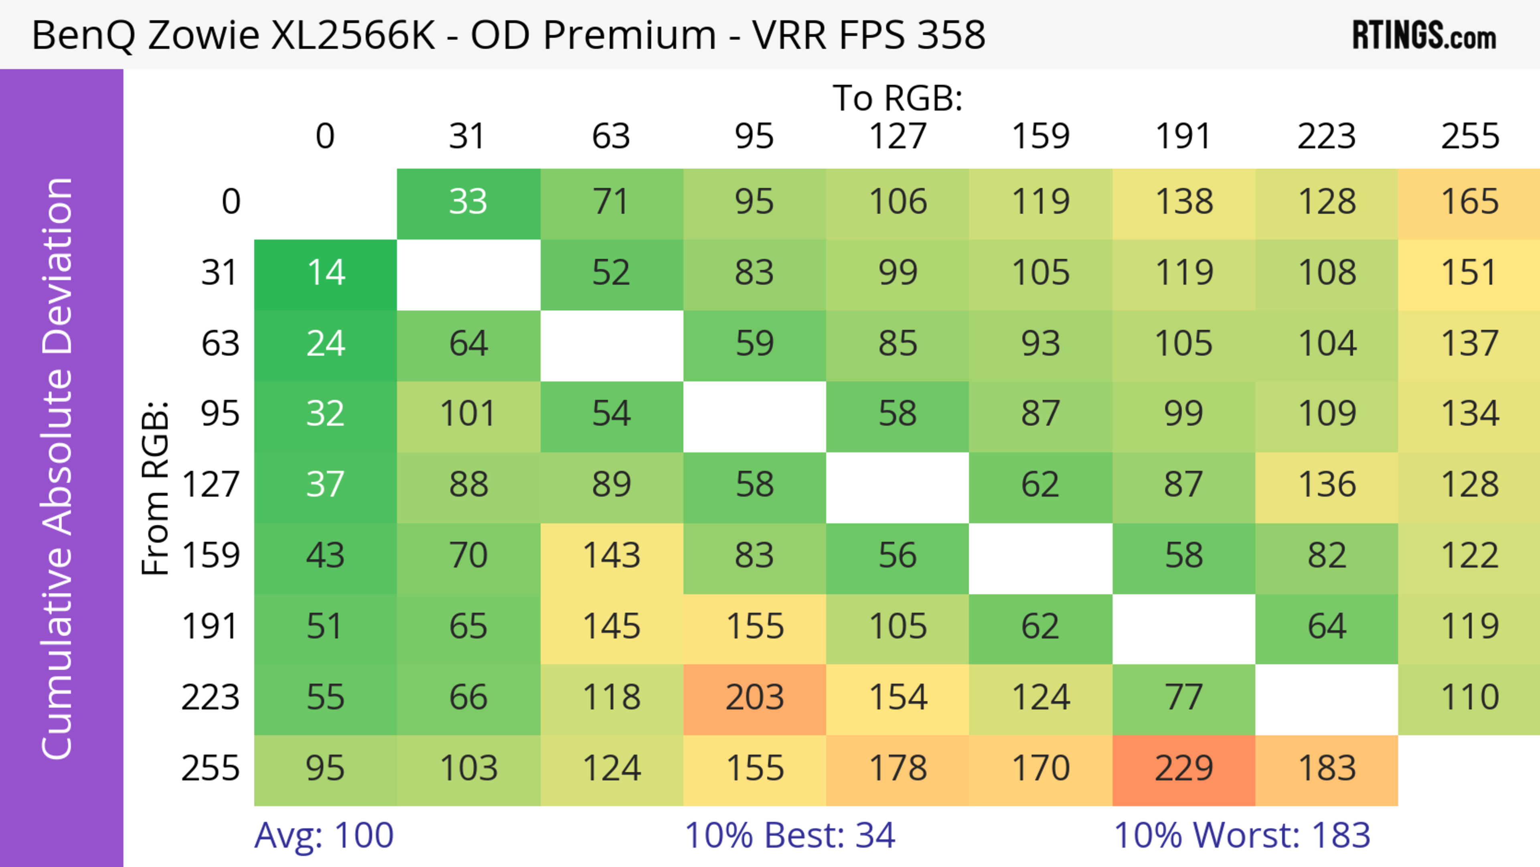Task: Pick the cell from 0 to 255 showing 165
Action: click(x=1469, y=203)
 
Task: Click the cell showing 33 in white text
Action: click(x=468, y=203)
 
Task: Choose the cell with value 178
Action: click(x=898, y=770)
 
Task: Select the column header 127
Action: click(x=898, y=137)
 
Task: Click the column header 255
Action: click(x=1469, y=137)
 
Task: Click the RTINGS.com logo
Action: click(x=1424, y=35)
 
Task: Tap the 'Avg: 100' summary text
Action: click(x=324, y=835)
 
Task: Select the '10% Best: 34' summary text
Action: click(x=790, y=835)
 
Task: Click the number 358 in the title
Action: click(x=951, y=35)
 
